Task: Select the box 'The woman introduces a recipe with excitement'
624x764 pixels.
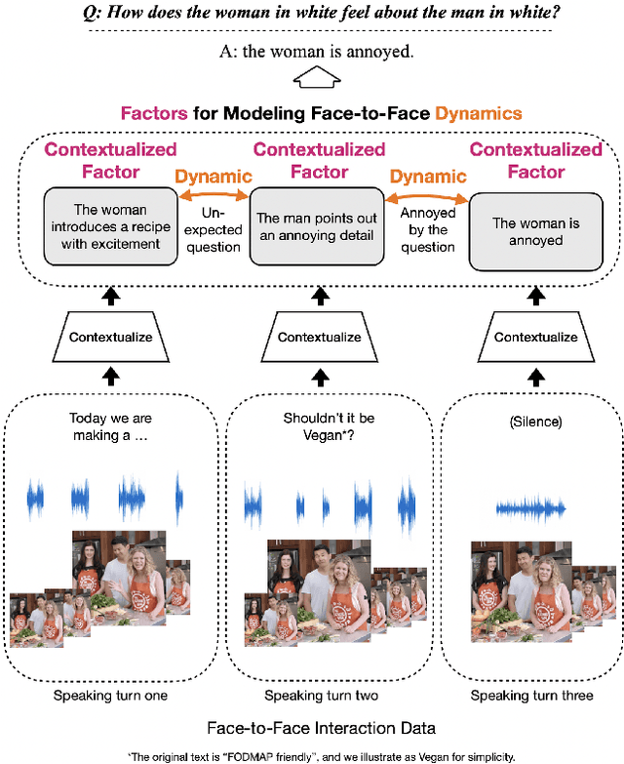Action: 109,226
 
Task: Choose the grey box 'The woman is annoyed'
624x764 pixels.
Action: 534,231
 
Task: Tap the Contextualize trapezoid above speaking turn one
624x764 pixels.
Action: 110,337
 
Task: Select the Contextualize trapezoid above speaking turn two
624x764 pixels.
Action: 320,337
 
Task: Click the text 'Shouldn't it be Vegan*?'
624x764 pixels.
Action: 320,426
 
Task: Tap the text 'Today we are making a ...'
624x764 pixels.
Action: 110,426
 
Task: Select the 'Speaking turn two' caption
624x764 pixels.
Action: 321,695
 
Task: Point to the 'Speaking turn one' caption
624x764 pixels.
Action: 110,695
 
